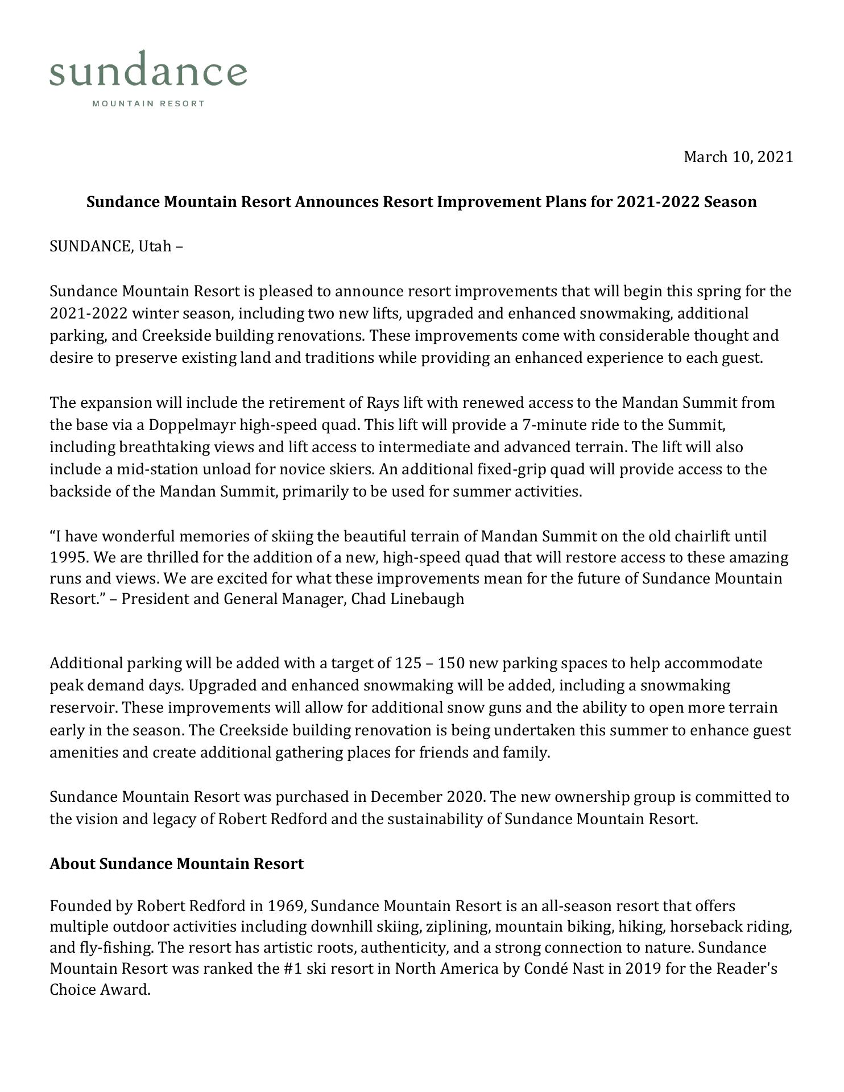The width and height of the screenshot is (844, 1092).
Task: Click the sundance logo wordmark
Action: [148, 71]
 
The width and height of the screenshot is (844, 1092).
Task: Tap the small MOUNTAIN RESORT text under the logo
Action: [148, 104]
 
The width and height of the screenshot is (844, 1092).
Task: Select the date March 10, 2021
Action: [738, 157]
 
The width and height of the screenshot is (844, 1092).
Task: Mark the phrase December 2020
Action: [428, 797]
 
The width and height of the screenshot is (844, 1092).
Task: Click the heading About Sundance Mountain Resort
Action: [177, 863]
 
